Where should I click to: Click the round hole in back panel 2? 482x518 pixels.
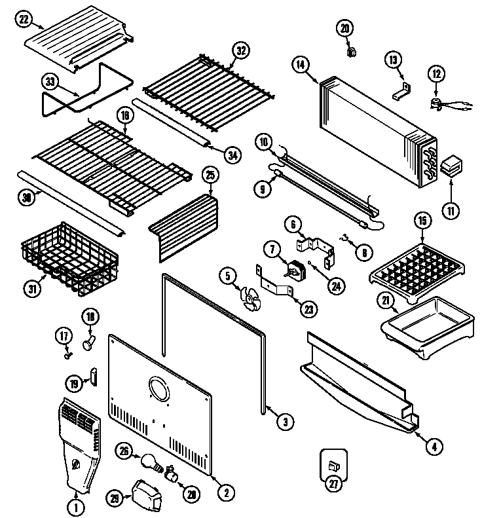158,390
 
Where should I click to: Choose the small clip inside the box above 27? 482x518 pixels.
333,466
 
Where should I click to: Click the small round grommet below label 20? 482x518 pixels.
350,51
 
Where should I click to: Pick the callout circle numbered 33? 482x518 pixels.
50,82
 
